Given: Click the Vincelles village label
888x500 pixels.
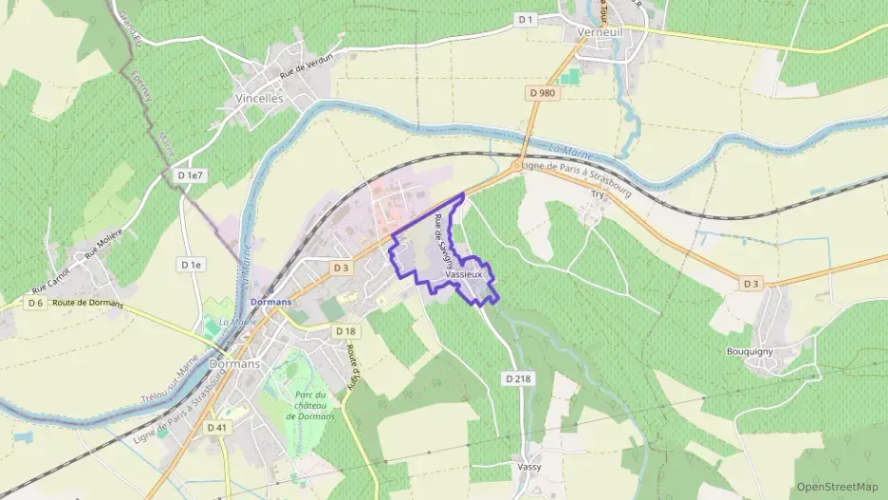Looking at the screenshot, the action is click(258, 98).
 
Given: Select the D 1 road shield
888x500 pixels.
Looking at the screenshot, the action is click(527, 19).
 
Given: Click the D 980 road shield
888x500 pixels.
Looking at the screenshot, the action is click(541, 92).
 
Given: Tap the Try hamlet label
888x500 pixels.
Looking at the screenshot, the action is click(598, 194).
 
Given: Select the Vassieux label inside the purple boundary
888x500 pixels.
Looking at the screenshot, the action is click(463, 274).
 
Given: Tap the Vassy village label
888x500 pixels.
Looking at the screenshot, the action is click(529, 467).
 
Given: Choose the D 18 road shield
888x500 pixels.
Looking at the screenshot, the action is click(345, 330).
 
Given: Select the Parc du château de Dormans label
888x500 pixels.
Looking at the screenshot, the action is click(309, 406).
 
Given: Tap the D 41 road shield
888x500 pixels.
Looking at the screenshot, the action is click(216, 428).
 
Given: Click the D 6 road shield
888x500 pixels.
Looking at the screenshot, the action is click(35, 303).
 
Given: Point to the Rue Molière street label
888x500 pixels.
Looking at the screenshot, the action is click(103, 249).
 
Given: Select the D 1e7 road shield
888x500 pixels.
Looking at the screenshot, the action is click(191, 176).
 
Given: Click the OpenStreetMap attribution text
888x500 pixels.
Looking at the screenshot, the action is click(838, 487).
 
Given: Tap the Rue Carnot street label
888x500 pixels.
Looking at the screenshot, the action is click(52, 281).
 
